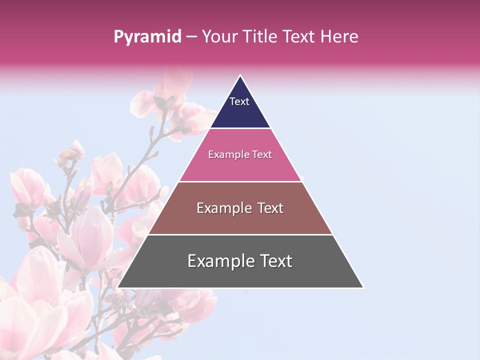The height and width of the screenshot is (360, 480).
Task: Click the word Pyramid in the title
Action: pos(147,37)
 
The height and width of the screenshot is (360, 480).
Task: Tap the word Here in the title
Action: pos(339,36)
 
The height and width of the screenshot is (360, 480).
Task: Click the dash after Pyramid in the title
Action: pos(191,37)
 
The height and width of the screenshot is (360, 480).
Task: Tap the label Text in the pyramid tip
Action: pos(239,101)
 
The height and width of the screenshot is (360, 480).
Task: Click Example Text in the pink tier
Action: pos(240,154)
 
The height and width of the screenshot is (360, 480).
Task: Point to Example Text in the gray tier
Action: pos(240,261)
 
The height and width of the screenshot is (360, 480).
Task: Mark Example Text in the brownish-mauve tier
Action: pos(240,208)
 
